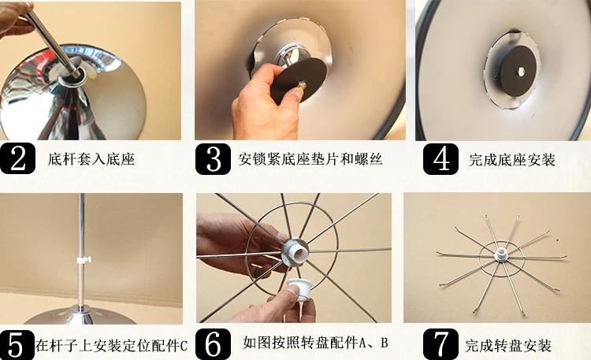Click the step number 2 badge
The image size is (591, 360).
tap(17, 158)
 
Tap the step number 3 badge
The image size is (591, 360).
tap(213, 159)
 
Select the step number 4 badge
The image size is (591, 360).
tap(440, 159)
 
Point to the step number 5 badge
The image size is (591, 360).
tap(17, 344)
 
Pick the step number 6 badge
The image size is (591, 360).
tap(213, 343)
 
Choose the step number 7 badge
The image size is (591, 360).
tap(440, 343)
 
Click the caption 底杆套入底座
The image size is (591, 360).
tap(91, 159)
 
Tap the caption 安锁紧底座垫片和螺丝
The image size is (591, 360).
tap(310, 159)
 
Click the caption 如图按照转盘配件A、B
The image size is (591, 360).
tap(315, 343)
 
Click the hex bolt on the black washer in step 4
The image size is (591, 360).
tap(521, 72)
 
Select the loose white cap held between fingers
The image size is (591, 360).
tap(299, 289)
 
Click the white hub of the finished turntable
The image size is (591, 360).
tap(502, 254)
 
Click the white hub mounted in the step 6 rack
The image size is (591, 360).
tap(296, 251)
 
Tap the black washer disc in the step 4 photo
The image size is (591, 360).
tap(519, 72)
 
